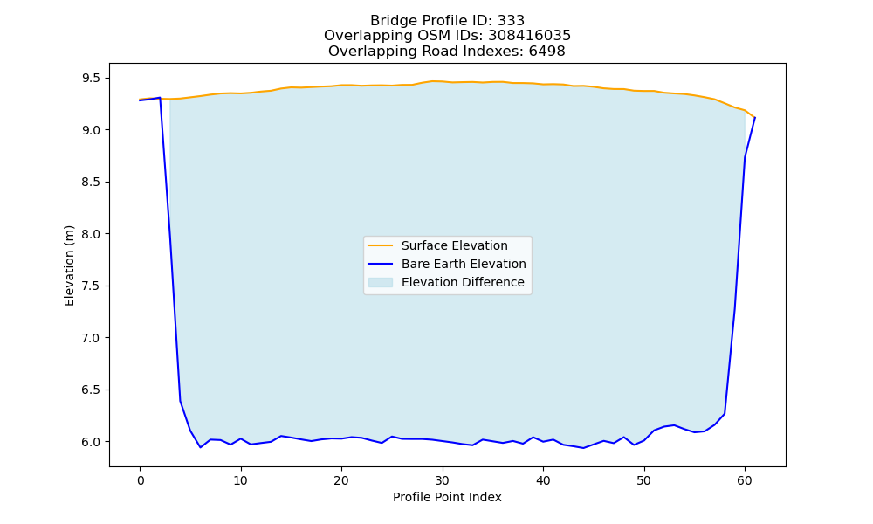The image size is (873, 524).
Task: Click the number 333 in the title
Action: point(511,21)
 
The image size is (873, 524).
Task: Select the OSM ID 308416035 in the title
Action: point(530,36)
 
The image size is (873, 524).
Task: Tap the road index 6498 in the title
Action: point(546,52)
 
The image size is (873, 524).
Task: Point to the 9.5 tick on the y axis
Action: point(92,78)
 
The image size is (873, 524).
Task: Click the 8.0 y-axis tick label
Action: point(92,234)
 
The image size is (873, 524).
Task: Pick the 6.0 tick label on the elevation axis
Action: point(92,442)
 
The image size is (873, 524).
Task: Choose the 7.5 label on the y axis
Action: point(92,286)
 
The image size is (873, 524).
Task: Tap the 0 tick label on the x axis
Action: point(141,480)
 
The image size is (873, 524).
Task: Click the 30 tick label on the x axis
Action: point(443,480)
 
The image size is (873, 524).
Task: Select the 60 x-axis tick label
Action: point(745,480)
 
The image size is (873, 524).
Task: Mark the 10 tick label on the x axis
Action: point(241,480)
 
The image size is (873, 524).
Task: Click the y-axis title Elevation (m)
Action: point(69,265)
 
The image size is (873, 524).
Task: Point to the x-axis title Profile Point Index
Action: point(447,497)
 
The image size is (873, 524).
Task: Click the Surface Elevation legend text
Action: point(454,245)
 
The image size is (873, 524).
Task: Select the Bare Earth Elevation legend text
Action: point(464,264)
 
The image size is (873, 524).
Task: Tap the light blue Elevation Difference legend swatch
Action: point(381,282)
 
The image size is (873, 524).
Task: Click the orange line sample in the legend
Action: point(381,245)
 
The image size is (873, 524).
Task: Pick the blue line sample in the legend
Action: point(381,264)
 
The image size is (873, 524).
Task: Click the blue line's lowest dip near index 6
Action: point(201,447)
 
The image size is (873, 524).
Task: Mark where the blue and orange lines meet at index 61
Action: point(754,118)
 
